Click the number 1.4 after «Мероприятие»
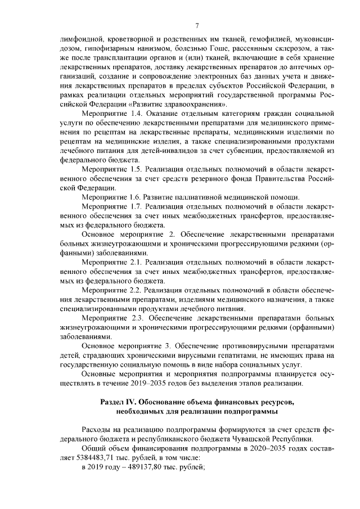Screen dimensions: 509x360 (x=133, y=115)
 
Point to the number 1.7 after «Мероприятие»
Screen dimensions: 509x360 (x=133, y=206)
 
